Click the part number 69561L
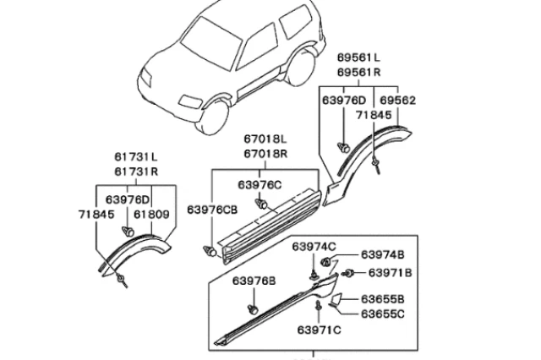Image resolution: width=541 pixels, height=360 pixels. [359, 57]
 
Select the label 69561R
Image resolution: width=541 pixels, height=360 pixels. [359, 73]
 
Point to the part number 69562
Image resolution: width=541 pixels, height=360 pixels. [397, 100]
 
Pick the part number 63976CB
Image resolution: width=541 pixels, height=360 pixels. [211, 210]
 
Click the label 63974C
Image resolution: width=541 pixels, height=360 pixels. [314, 246]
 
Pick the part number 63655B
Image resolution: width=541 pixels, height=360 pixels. [383, 299]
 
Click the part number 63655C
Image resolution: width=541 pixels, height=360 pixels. [383, 314]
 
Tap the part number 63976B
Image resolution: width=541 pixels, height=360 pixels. [254, 281]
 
